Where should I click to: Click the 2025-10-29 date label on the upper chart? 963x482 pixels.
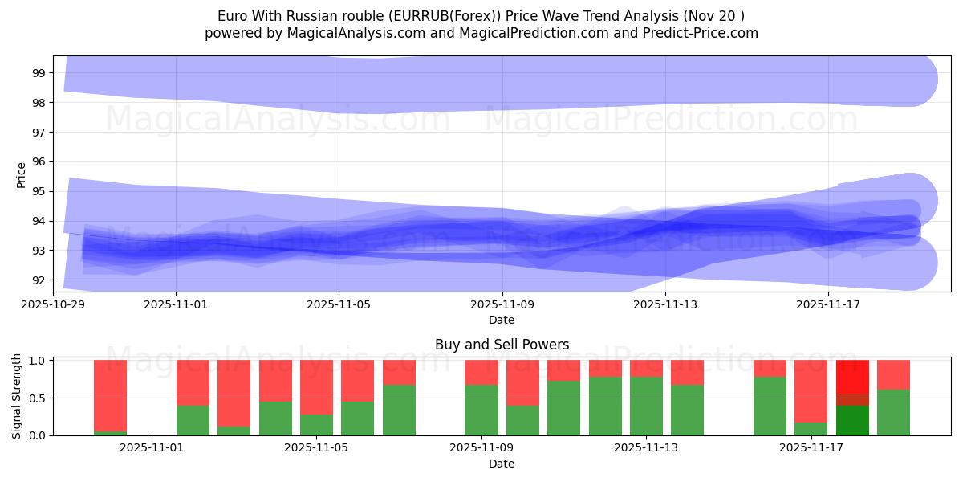click(x=54, y=304)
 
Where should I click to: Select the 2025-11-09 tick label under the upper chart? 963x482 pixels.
click(x=502, y=304)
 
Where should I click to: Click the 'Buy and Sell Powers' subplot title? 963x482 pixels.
click(x=502, y=345)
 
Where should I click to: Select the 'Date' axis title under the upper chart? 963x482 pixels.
click(x=502, y=320)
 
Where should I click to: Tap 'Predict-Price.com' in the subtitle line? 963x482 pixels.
click(x=704, y=33)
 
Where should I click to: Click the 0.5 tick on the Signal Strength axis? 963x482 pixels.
click(x=38, y=398)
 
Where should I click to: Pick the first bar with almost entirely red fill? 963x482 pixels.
click(x=110, y=397)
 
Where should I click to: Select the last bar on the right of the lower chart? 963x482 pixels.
click(x=893, y=397)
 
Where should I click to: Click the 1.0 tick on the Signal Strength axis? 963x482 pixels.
click(x=38, y=360)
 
